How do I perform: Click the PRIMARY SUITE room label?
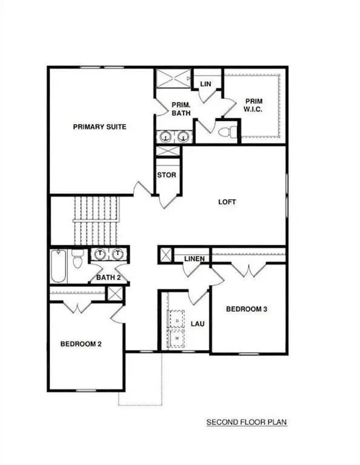(x=99, y=127)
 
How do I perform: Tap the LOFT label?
(x=227, y=202)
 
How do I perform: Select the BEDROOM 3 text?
(x=247, y=309)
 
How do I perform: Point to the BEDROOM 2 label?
(x=81, y=345)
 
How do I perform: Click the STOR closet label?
(x=167, y=176)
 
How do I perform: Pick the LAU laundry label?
(x=197, y=324)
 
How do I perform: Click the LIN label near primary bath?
(x=205, y=84)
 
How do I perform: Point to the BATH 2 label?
(x=109, y=278)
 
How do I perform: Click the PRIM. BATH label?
(x=181, y=108)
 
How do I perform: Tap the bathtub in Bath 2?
(x=58, y=266)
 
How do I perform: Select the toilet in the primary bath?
(x=225, y=131)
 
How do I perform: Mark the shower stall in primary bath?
(x=170, y=80)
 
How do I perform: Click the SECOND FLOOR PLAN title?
(x=246, y=421)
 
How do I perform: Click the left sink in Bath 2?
(x=100, y=254)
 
